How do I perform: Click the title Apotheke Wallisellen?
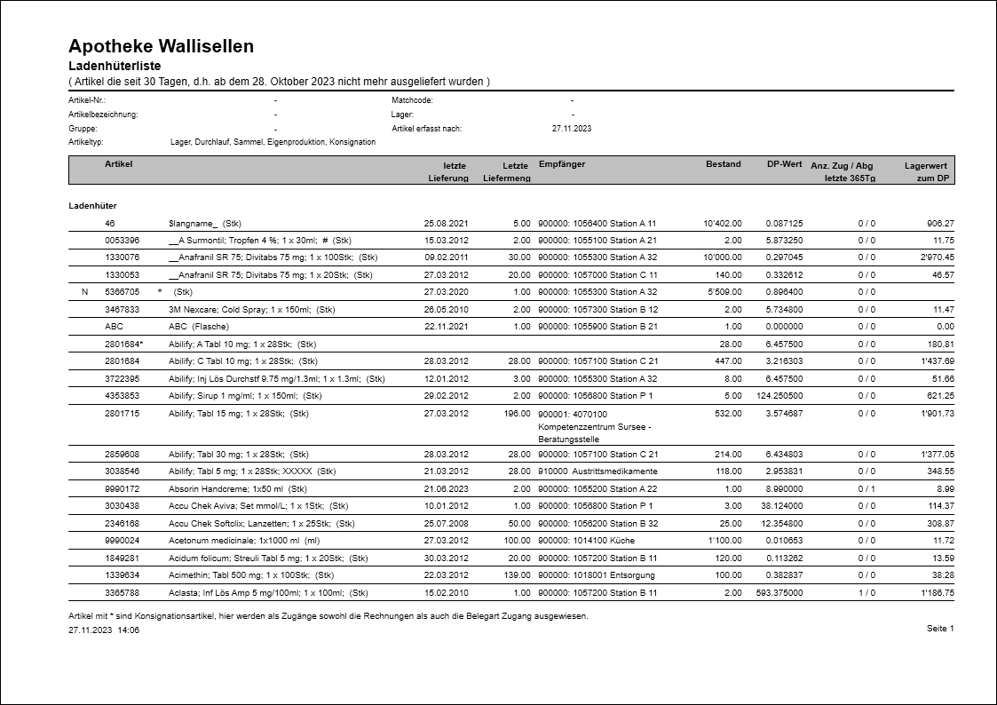pos(161,46)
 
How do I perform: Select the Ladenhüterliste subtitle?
pos(115,67)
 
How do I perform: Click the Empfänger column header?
pos(562,164)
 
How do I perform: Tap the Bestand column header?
pos(723,164)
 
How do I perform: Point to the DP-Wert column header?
pos(785,164)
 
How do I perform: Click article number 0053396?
pos(123,241)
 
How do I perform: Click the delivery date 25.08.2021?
pos(446,224)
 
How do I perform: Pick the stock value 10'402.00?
pos(722,224)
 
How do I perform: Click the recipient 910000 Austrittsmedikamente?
pos(597,471)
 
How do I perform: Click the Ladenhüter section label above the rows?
pos(92,205)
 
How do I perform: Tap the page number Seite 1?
pos(939,629)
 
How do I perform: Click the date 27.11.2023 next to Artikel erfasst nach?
pos(572,129)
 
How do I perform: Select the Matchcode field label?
pos(412,100)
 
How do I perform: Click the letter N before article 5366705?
pos(84,292)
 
